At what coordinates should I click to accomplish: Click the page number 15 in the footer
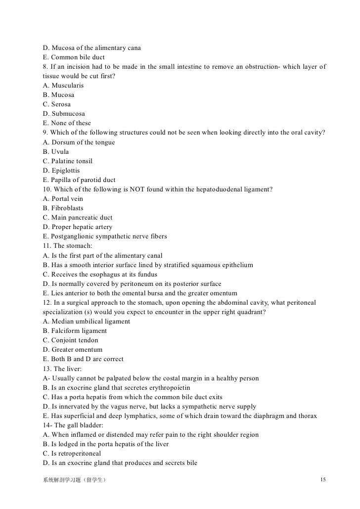point(323,480)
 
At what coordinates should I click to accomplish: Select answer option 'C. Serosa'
point(57,104)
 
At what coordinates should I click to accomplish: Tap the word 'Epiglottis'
point(66,171)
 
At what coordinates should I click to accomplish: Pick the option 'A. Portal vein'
point(63,199)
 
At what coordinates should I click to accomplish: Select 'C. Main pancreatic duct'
point(78,218)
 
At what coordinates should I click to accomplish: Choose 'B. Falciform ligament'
point(75,331)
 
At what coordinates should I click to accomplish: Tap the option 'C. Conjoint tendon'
point(71,340)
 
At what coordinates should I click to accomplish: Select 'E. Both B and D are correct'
point(83,359)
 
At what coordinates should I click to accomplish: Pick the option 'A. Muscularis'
point(63,86)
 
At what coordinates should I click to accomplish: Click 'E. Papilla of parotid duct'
point(79,180)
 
